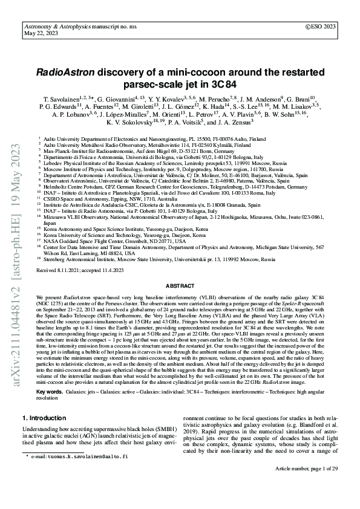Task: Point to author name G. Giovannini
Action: [x=125, y=97]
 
